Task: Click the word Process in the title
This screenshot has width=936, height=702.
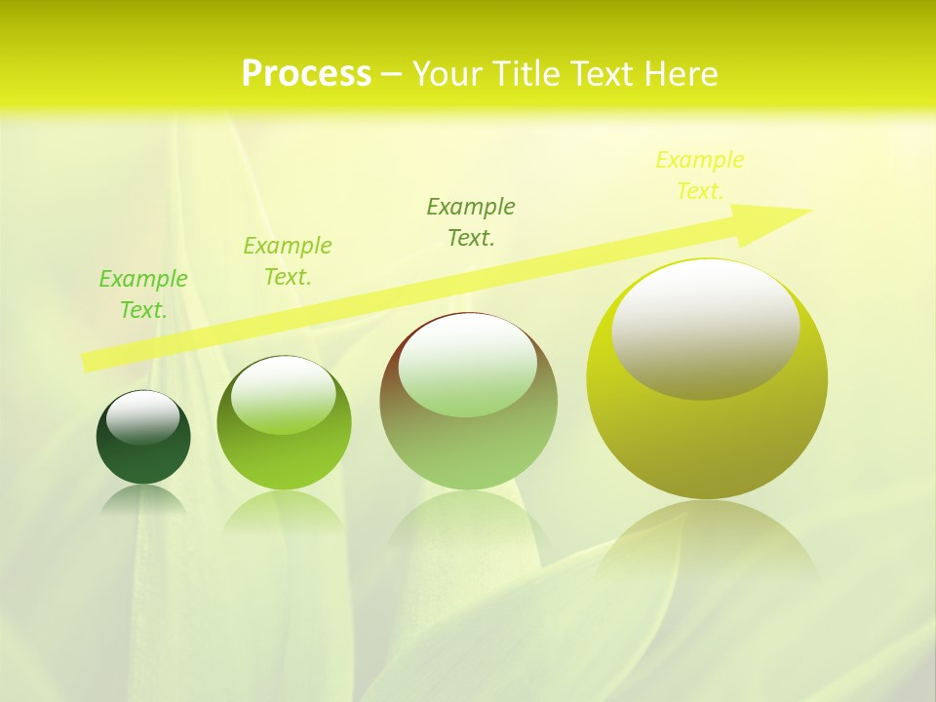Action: click(x=306, y=74)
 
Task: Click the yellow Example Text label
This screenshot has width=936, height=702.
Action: click(x=700, y=175)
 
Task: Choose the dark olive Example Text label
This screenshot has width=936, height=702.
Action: click(x=471, y=221)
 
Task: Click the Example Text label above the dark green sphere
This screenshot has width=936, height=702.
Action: click(x=143, y=293)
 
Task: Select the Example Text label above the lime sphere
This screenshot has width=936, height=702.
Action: click(x=288, y=260)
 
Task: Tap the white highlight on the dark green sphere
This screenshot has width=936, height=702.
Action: click(x=143, y=416)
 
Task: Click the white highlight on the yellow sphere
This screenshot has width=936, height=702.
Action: click(x=706, y=330)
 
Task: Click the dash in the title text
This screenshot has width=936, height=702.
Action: click(x=392, y=75)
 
